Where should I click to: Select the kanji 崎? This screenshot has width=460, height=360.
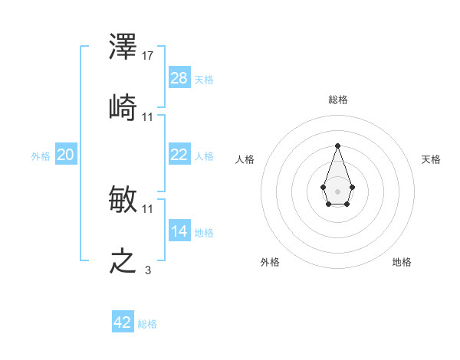tap(123, 106)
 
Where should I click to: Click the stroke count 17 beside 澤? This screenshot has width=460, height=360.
tap(148, 56)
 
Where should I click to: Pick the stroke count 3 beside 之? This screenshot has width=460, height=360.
tap(148, 270)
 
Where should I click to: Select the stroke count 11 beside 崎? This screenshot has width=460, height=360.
tap(148, 116)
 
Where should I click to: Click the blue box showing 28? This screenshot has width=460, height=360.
tap(179, 77)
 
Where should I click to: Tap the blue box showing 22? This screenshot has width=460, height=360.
tap(179, 155)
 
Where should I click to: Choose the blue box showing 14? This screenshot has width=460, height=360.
tap(179, 231)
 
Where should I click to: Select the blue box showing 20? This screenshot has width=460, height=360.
tap(66, 155)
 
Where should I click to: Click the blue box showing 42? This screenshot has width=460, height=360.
tap(123, 322)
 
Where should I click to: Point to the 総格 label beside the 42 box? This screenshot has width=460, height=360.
tap(147, 324)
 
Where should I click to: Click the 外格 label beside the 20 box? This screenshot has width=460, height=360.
tap(41, 156)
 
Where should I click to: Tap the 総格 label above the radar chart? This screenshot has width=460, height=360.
tap(337, 100)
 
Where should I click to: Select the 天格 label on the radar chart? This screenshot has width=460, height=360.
tap(431, 159)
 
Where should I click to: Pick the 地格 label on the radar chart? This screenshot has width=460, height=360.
tap(402, 262)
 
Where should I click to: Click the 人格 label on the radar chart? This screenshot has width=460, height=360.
tap(245, 159)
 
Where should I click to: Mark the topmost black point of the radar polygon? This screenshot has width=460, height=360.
tap(337, 146)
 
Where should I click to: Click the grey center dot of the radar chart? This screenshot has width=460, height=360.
tap(337, 190)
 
